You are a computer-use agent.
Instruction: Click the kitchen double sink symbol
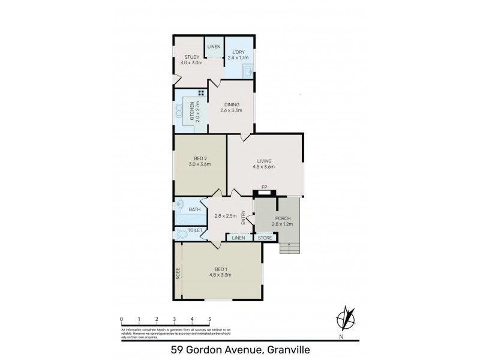(x=179, y=111)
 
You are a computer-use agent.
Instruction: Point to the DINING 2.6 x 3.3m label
(x=231, y=106)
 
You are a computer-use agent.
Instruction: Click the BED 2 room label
(x=200, y=160)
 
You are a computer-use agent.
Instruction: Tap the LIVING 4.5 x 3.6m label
(x=265, y=164)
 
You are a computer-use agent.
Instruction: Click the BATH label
(x=194, y=209)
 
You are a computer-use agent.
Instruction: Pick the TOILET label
(x=195, y=230)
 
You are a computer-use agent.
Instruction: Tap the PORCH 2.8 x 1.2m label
(x=283, y=221)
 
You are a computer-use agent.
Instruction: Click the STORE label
(x=265, y=238)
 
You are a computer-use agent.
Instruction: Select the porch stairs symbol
(x=289, y=248)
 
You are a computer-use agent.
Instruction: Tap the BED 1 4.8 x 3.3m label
(x=220, y=272)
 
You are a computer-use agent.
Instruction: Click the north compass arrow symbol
(x=346, y=317)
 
